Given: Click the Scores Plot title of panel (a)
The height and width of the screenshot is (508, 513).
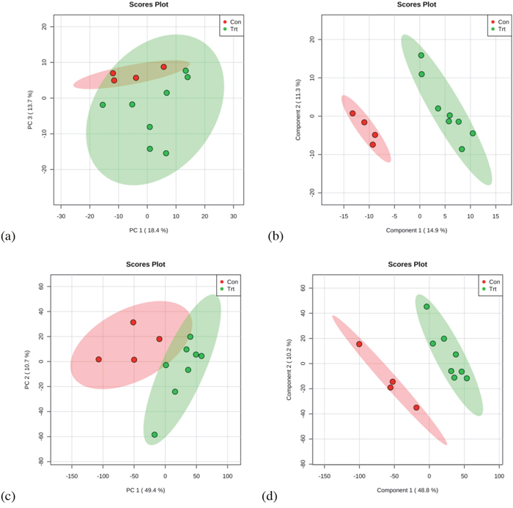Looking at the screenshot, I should click(x=147, y=5).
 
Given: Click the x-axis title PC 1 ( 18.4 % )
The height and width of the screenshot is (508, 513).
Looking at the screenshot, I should click(x=147, y=229).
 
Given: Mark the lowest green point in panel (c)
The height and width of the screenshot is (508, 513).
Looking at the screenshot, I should click(x=155, y=435).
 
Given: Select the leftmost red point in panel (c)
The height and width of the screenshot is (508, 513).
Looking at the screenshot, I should click(x=98, y=359).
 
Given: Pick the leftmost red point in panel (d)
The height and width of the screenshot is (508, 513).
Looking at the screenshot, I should click(x=359, y=344).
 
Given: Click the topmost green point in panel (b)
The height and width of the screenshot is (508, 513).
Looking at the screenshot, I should click(x=421, y=55).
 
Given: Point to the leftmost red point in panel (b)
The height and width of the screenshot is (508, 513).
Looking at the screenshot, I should click(x=353, y=114).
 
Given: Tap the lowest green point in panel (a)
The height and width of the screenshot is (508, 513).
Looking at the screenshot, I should click(x=166, y=153).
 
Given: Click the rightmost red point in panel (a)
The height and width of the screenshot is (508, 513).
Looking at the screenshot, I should click(x=163, y=67).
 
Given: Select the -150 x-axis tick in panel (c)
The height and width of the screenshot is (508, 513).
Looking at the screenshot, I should click(x=72, y=476).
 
